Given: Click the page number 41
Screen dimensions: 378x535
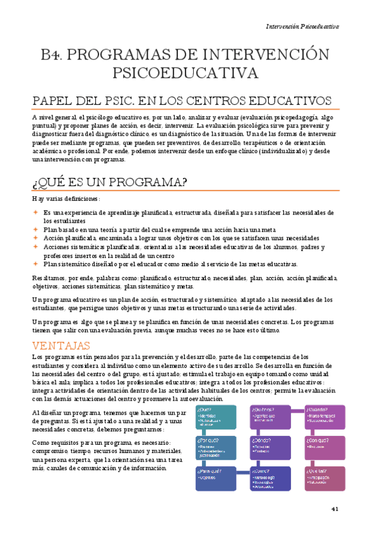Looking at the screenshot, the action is click(x=335, y=509).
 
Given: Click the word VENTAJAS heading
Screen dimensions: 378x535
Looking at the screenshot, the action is click(x=62, y=346).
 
